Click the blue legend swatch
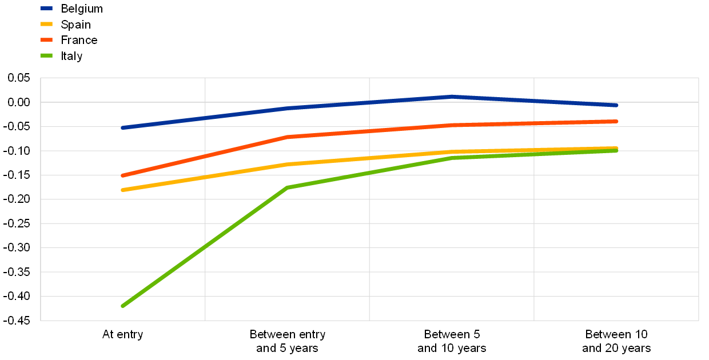pos(46,9)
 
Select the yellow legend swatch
pos(46,24)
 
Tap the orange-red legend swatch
pos(46,40)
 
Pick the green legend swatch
pos(46,55)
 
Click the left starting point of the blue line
pos(123,127)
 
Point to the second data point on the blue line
pos(288,108)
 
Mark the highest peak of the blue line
pos(452,97)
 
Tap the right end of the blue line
pos(616,105)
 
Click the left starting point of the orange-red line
pos(123,175)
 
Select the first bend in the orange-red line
pos(288,137)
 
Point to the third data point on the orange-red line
pos(452,125)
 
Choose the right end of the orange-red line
pos(616,121)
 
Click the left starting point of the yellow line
pos(123,190)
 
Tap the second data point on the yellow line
pos(288,164)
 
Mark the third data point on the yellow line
pos(452,152)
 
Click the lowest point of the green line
pos(123,306)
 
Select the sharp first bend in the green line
pos(288,187)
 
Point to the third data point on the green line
pos(452,158)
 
